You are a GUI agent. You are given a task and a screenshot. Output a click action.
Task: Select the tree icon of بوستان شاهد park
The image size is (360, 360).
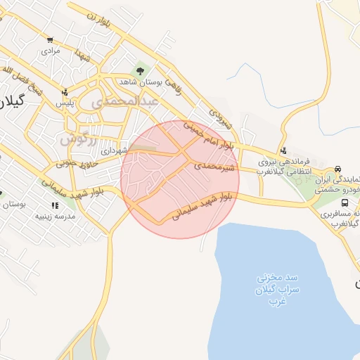click(x=140, y=71)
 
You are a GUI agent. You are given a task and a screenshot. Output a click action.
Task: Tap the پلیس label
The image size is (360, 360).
click(x=65, y=103)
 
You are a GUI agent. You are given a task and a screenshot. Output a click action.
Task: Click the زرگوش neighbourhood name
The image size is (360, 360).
click(x=75, y=135)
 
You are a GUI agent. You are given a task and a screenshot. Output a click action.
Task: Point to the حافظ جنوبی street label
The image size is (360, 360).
click(x=73, y=165)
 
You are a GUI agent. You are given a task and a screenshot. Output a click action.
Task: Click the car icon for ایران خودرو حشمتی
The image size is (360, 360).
click(x=338, y=169)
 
